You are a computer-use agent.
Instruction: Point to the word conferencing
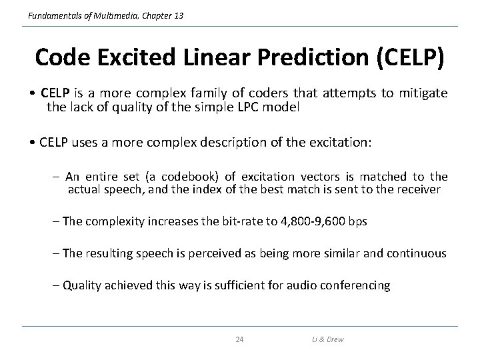pos(354,285)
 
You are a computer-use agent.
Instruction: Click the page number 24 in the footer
pos(239,340)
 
